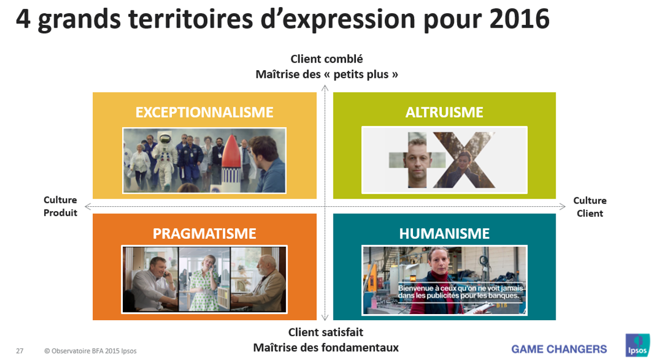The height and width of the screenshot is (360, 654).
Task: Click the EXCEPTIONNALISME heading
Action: click(205, 112)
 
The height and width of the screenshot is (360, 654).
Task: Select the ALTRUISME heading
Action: click(444, 112)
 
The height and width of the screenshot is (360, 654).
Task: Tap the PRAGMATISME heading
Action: click(205, 233)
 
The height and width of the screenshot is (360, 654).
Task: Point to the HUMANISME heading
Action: click(444, 233)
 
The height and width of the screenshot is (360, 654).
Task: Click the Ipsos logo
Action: click(637, 345)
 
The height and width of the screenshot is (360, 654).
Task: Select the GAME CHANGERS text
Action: click(559, 349)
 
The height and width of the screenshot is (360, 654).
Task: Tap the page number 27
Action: click(19, 351)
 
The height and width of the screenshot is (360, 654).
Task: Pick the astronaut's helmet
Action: click(166, 138)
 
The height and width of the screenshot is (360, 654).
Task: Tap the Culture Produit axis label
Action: click(60, 206)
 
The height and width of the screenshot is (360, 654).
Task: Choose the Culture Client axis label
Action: click(590, 207)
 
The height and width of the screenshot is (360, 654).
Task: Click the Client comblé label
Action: click(327, 59)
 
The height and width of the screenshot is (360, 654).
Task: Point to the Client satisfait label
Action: click(326, 332)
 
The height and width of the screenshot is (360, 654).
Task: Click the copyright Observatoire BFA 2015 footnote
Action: click(91, 351)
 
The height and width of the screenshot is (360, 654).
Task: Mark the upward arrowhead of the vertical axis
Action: click(325, 88)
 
